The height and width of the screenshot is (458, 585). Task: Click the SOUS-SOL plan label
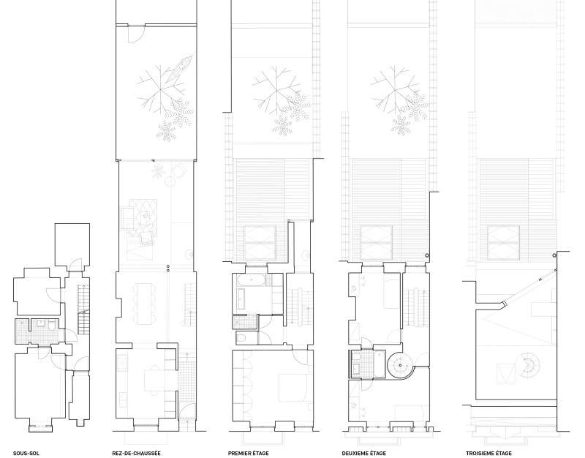coord(26,453)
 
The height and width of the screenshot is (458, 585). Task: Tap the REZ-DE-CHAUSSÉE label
coord(136,453)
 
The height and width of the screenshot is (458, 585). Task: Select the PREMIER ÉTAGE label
coord(248,453)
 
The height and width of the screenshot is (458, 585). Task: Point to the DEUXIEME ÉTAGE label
coord(364,453)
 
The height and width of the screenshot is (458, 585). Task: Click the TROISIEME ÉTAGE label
coord(488,453)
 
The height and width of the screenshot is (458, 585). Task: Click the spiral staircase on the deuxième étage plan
coord(401,364)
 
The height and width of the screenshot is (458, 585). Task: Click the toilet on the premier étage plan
coord(241,338)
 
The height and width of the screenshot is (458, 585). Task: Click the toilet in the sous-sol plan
coord(51,326)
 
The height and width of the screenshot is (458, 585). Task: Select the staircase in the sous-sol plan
coord(84,309)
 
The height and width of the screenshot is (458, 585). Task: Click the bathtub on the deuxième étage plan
coord(379,364)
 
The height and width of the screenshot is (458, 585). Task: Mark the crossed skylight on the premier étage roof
coord(260,243)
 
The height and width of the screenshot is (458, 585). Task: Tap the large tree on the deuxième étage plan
coord(393,89)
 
